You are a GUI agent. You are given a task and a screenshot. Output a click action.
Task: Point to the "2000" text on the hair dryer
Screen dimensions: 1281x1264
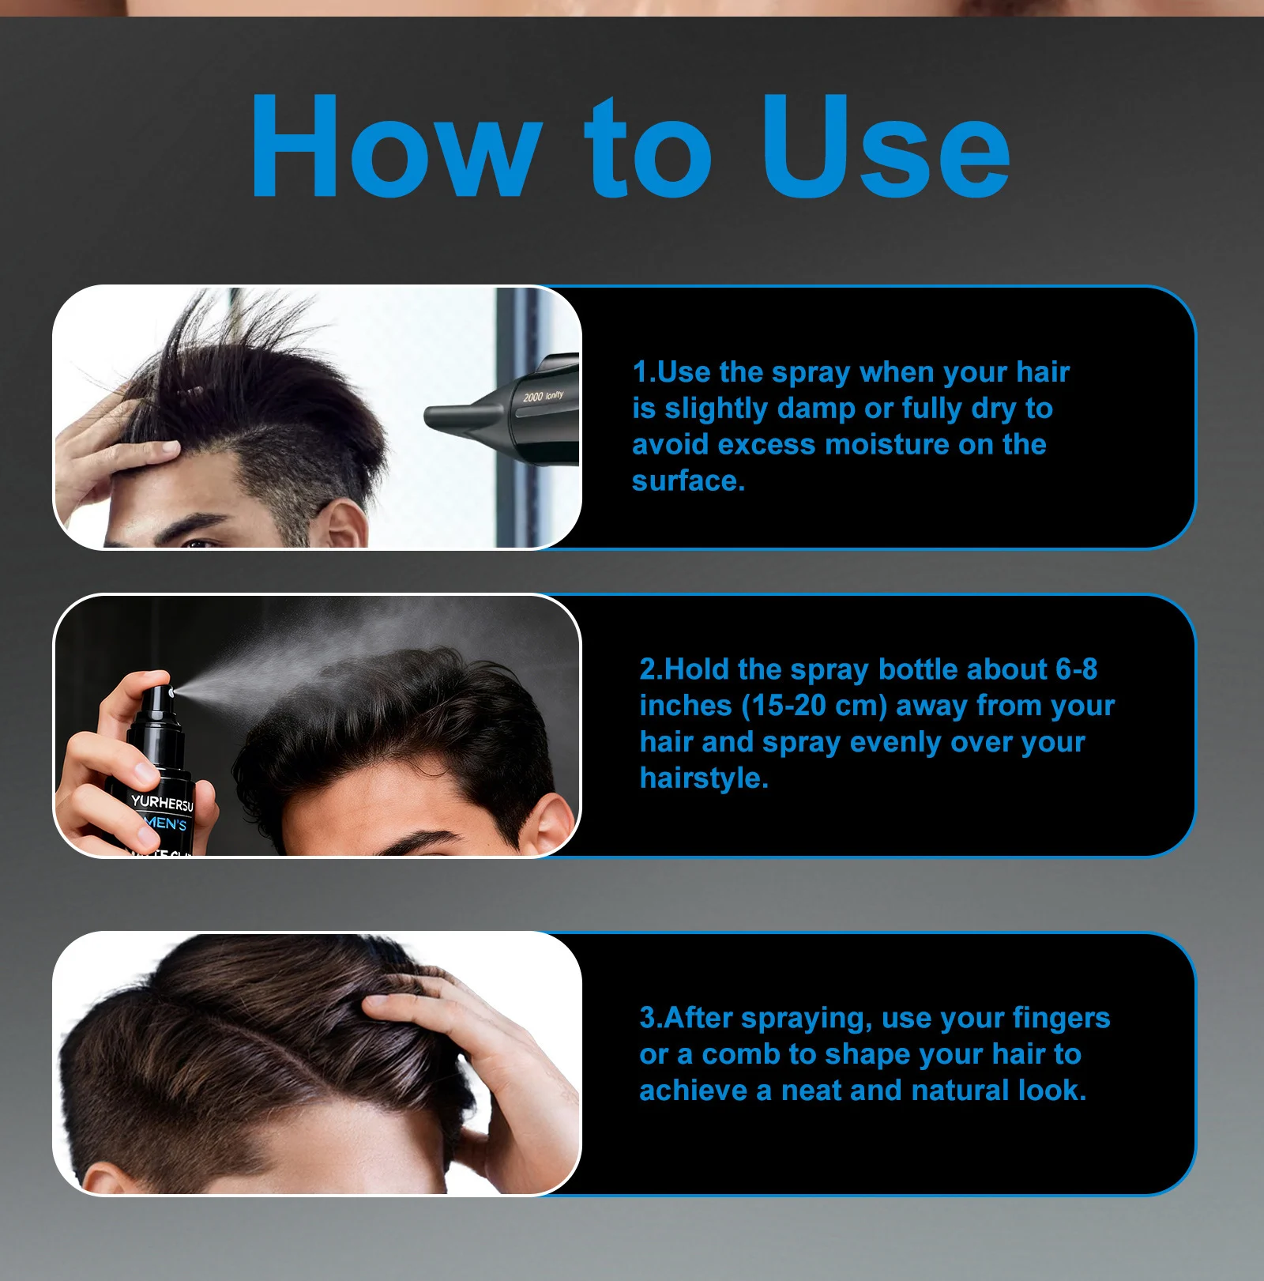click(x=532, y=396)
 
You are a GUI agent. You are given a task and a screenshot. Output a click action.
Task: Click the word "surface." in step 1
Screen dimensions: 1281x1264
click(x=688, y=481)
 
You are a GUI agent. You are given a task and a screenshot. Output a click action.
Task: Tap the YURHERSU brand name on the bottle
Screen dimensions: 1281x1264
click(x=162, y=803)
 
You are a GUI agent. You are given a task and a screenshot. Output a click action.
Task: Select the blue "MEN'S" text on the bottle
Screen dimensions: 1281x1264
click(x=167, y=823)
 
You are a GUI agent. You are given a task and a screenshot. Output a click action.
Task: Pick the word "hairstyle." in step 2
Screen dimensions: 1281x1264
click(x=704, y=778)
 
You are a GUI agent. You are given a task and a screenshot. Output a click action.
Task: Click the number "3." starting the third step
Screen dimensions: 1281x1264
click(x=651, y=1018)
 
